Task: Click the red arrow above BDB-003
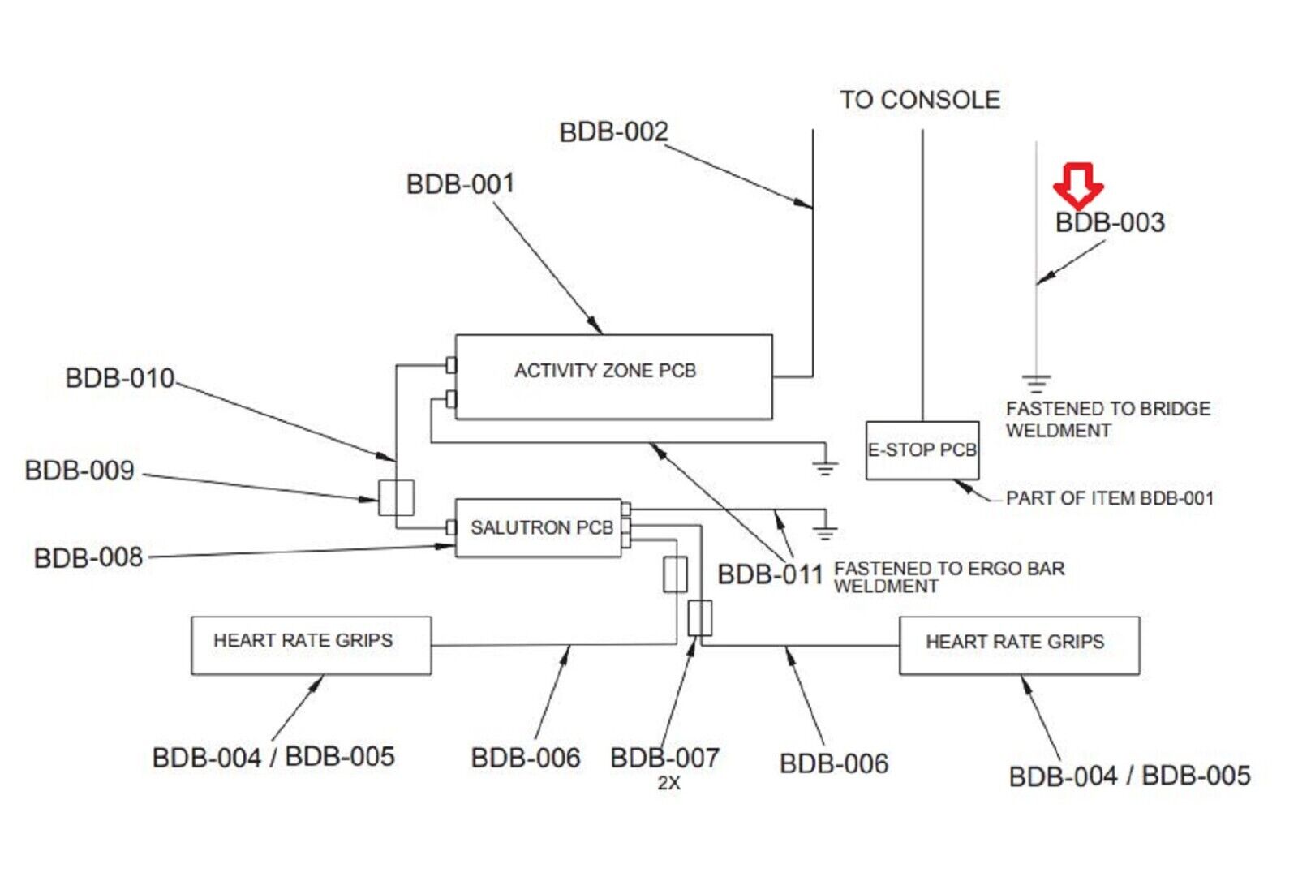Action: (1077, 184)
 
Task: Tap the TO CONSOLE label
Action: (919, 100)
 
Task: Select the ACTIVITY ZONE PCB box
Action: (613, 376)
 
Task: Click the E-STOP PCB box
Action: (922, 450)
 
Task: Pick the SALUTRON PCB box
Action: (538, 527)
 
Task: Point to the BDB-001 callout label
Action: (460, 184)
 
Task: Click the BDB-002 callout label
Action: (613, 131)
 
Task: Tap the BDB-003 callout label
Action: (1109, 222)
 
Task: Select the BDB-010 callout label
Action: (119, 378)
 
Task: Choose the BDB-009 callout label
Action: (80, 471)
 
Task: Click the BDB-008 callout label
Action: (88, 558)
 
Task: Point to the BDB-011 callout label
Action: (770, 574)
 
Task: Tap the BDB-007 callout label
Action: (664, 758)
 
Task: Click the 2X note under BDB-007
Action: (668, 783)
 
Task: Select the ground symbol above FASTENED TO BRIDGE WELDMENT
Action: (1036, 382)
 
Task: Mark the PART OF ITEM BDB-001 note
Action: (1109, 498)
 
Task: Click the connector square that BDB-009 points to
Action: (396, 497)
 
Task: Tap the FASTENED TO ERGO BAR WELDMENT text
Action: (948, 577)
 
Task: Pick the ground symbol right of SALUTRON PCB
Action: (825, 532)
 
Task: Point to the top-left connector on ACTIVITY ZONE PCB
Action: (451, 366)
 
